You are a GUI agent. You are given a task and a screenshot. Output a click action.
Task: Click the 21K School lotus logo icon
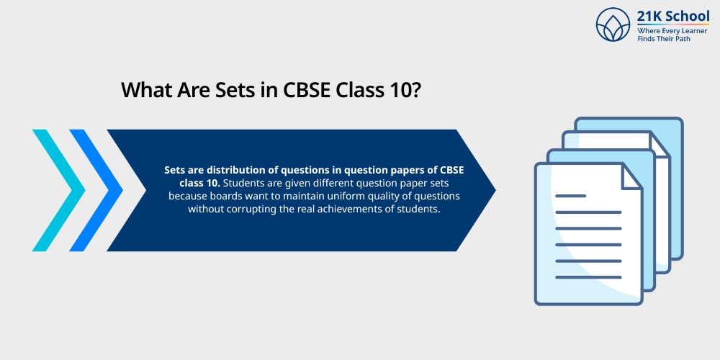(x=613, y=24)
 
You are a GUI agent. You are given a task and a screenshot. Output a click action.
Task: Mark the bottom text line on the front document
(x=588, y=277)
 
